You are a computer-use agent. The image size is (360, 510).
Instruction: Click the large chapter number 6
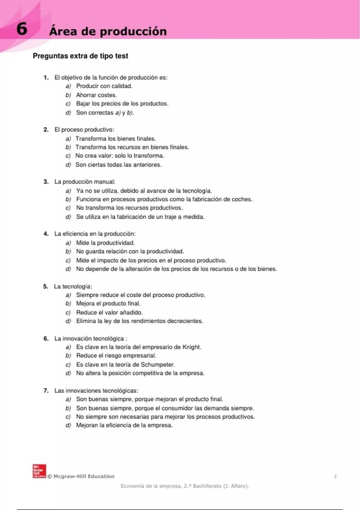click(x=22, y=29)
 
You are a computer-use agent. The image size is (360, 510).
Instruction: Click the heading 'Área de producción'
click(x=108, y=31)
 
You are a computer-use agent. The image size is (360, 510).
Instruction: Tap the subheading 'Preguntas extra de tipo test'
click(x=80, y=56)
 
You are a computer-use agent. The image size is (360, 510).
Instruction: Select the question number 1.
click(x=46, y=78)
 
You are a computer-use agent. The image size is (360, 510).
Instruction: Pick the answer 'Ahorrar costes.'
click(x=96, y=95)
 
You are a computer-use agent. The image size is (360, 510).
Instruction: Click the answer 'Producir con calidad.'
click(x=104, y=86)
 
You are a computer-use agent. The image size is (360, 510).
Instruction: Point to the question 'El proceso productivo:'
click(x=84, y=130)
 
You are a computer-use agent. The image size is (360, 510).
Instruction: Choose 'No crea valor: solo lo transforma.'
click(x=120, y=156)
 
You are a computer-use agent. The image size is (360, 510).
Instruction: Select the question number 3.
click(x=46, y=182)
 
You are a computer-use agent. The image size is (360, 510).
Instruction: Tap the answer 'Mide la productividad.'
click(x=105, y=243)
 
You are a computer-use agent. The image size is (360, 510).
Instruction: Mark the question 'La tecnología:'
click(x=73, y=286)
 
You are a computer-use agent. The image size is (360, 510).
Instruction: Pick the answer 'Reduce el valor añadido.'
click(x=109, y=313)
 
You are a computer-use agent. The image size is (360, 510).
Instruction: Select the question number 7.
click(x=46, y=391)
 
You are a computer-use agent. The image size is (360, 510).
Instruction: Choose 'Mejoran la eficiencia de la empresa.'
click(x=124, y=425)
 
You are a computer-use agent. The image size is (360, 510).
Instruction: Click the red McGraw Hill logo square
click(x=39, y=471)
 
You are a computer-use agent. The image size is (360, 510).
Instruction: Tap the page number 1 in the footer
click(x=335, y=476)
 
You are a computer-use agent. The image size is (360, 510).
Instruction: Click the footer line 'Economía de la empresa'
click(x=184, y=486)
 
